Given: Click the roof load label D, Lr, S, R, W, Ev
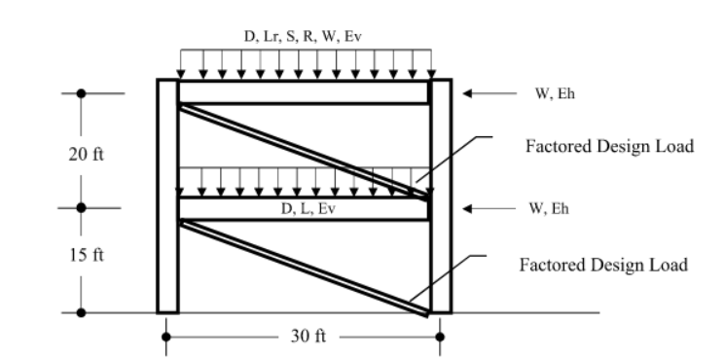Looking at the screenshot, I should (x=304, y=37).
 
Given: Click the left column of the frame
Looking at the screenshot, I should (x=167, y=195).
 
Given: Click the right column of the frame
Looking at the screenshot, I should (x=441, y=195).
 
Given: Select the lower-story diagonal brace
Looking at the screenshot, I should (x=304, y=267).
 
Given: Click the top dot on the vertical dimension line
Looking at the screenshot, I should (x=82, y=93).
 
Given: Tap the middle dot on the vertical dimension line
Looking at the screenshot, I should (x=82, y=207).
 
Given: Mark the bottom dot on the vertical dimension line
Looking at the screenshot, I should (x=82, y=312).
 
